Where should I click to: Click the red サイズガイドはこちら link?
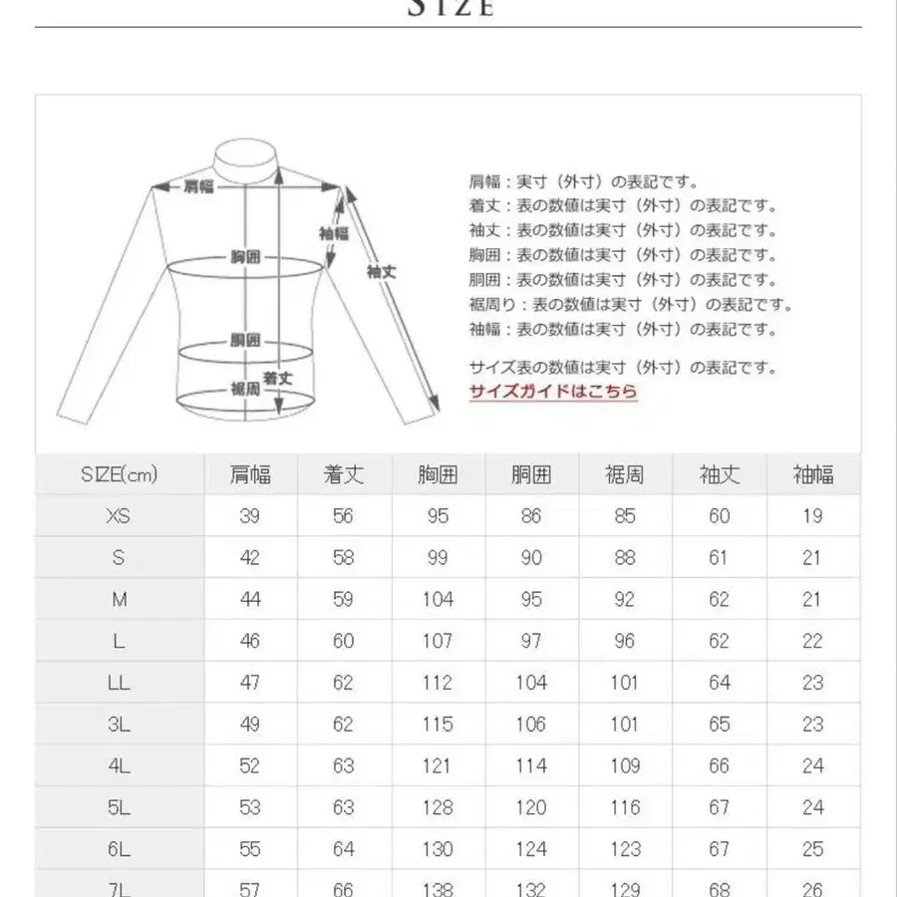point(553,392)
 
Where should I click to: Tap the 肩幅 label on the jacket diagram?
point(198,185)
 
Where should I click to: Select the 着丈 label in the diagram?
point(277,379)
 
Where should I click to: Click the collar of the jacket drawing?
point(244,159)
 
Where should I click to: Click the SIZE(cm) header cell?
point(120,474)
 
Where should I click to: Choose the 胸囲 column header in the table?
point(438,474)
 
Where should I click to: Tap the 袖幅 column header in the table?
point(813,474)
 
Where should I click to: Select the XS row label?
point(120,515)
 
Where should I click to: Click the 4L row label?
point(120,765)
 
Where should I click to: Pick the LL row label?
point(120,683)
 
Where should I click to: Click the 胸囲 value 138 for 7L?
point(438,887)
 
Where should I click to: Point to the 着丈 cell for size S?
point(344,557)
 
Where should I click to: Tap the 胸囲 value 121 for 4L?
point(438,765)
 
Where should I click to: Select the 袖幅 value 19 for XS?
point(813,515)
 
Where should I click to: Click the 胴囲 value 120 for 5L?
point(531,807)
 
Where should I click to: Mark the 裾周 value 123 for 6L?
point(625,849)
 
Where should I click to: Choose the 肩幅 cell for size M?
point(250,599)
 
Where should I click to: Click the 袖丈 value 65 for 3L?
point(719,725)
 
